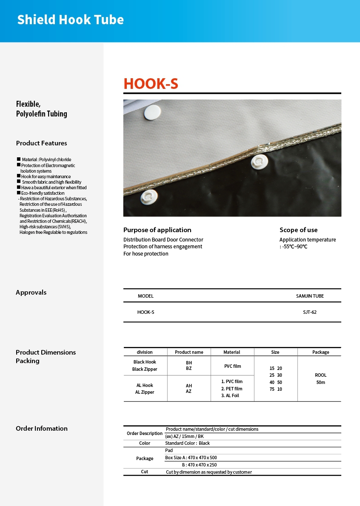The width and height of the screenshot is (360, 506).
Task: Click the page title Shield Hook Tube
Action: [x=71, y=20]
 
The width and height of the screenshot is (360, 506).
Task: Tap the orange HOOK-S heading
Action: [x=151, y=84]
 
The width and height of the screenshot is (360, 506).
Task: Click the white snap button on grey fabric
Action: [x=152, y=112]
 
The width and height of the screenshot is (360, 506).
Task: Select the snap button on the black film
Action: [x=259, y=162]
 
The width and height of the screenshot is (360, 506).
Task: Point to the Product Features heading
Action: [x=41, y=143]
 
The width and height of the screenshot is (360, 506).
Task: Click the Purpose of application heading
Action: [x=157, y=230]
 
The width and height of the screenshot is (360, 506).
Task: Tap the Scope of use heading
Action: [x=298, y=230]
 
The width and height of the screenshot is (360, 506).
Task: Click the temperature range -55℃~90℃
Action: [x=294, y=247]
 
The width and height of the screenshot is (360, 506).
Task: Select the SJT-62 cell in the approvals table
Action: [x=309, y=312]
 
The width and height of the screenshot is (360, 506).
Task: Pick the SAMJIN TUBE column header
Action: [x=310, y=296]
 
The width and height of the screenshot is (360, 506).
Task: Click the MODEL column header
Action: [x=146, y=296]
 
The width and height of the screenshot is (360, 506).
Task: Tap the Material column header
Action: [x=232, y=352]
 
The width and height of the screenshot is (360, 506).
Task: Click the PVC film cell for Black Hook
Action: [x=232, y=366]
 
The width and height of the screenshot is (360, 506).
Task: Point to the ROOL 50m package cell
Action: [x=320, y=378]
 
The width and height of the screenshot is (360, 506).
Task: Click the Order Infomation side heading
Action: [x=42, y=429]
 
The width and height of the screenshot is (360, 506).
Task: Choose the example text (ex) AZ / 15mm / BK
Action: [x=184, y=436]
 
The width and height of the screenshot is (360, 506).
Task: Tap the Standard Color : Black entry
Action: [x=188, y=443]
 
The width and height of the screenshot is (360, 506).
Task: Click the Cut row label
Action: [x=145, y=472]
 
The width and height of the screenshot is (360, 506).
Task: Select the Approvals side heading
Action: [x=31, y=293]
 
